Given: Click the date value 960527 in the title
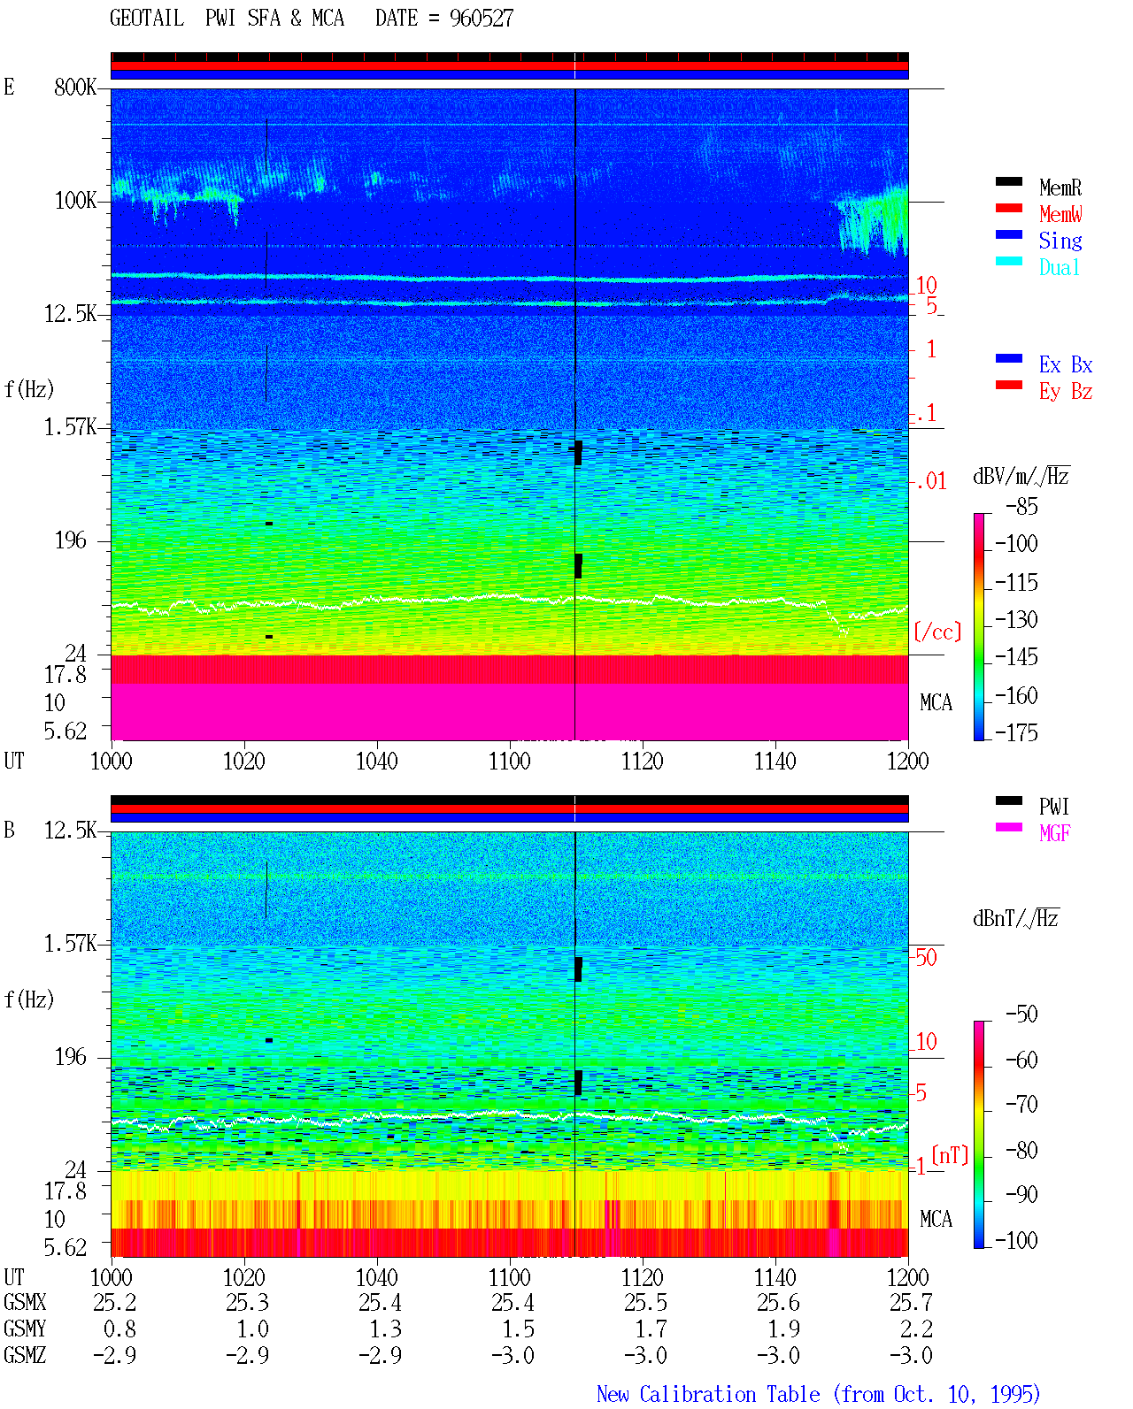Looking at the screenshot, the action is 481,19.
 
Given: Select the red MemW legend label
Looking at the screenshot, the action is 1060,214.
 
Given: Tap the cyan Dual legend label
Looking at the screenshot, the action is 1059,267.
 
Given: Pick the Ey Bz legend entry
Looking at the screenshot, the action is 1065,391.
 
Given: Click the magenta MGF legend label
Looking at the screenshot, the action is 1054,833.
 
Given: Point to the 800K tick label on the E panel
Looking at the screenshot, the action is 74,87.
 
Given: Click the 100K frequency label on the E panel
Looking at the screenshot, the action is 75,201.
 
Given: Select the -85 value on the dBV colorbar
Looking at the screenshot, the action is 1021,506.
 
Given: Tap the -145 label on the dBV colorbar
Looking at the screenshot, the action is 1016,656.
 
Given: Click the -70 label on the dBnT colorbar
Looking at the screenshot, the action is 1021,1104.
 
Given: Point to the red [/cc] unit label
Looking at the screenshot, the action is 937,632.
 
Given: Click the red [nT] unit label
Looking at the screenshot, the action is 950,1154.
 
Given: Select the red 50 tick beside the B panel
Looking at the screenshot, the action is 925,958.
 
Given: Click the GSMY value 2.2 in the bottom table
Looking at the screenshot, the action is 916,1329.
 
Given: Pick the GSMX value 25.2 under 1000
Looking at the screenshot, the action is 114,1302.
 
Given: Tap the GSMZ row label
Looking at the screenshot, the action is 25,1355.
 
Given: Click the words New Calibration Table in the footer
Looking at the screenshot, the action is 708,1394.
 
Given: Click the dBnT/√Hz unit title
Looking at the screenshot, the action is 1015,918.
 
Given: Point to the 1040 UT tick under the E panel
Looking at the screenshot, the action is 377,761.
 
